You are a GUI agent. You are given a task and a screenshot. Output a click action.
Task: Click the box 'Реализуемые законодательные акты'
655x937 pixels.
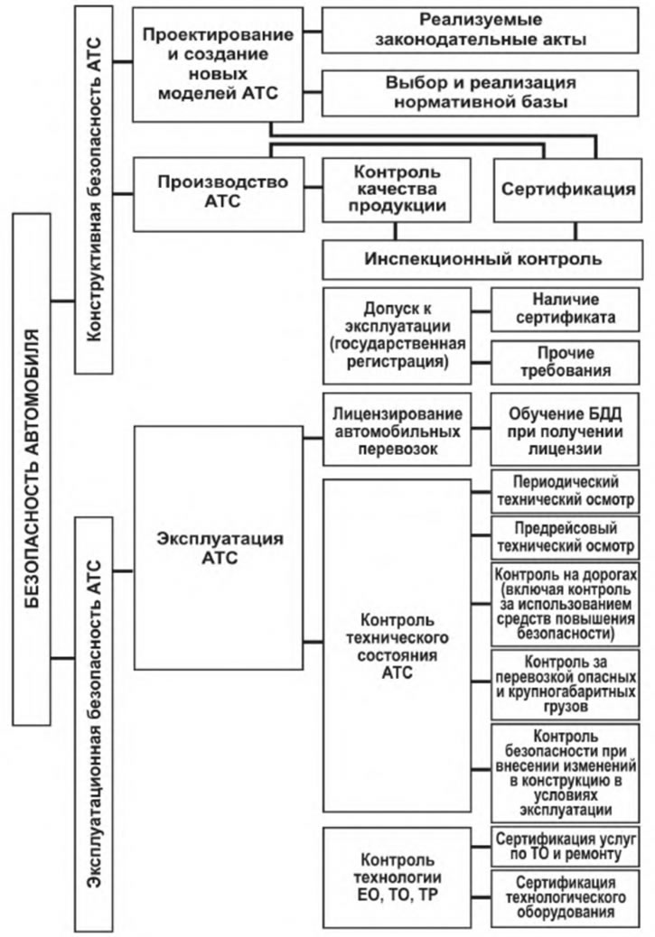(x=481, y=30)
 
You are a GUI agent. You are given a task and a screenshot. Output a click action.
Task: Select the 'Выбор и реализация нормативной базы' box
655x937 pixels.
(x=481, y=93)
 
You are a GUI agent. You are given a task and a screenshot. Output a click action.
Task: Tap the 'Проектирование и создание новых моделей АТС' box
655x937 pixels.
(x=218, y=64)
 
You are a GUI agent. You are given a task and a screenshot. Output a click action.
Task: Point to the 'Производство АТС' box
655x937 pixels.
(x=219, y=193)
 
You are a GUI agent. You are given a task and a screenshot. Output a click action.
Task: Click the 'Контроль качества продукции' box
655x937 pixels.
(x=397, y=190)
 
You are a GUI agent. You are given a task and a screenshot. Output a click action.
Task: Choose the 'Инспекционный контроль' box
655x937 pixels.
(x=482, y=259)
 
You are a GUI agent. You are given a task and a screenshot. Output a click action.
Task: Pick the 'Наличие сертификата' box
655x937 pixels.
(x=566, y=309)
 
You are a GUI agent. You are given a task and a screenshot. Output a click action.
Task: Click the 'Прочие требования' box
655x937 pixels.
(x=566, y=362)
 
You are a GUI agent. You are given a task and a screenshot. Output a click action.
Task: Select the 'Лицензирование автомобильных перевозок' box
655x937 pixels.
(x=398, y=430)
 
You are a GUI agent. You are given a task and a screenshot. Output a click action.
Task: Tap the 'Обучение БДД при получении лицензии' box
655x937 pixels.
(x=566, y=430)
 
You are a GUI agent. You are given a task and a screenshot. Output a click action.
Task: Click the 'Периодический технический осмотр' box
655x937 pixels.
(x=566, y=491)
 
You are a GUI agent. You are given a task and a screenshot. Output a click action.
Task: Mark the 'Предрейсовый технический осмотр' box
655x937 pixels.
(x=566, y=537)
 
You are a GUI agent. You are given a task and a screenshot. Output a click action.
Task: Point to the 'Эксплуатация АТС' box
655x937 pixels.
(x=219, y=547)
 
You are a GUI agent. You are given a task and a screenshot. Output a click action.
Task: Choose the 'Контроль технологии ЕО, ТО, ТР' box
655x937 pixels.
(x=398, y=877)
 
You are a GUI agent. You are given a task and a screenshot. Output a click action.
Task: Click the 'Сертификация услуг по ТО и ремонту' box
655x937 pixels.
(x=566, y=847)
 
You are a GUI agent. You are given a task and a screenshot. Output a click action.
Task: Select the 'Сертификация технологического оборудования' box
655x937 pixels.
(x=566, y=898)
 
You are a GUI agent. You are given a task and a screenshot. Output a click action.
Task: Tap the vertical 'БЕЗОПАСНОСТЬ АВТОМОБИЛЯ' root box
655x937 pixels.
(x=32, y=469)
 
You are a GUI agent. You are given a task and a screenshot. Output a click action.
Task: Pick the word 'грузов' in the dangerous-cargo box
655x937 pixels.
(x=566, y=707)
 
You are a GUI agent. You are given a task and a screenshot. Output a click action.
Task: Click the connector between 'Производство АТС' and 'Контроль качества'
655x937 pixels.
(x=313, y=188)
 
